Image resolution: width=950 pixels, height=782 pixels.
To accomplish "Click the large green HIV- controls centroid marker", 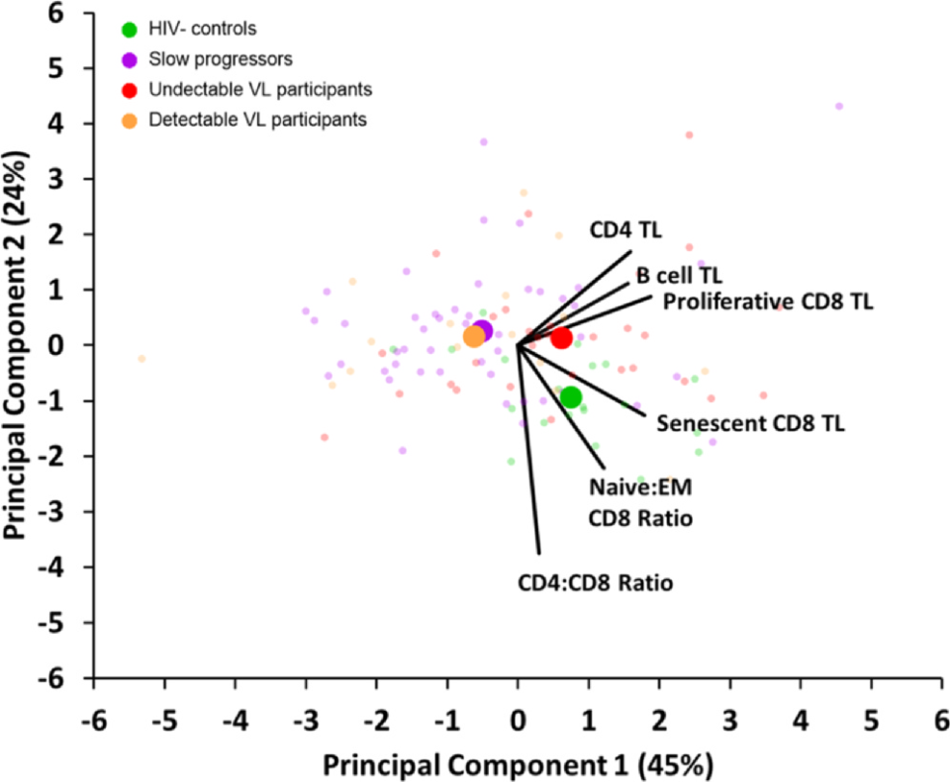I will pos(571,397).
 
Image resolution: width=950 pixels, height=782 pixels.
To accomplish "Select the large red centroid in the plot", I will pos(561,338).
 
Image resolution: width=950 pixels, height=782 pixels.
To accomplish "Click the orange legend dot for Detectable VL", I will pos(129,121).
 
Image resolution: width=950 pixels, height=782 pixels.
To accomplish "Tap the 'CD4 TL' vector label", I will pos(625,230).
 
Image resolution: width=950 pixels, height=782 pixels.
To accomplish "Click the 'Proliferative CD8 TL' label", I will pos(768,302).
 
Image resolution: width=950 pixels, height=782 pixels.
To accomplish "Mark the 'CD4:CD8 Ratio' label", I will pos(596,582).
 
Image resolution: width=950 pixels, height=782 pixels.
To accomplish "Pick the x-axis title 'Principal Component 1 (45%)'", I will pos(517,762).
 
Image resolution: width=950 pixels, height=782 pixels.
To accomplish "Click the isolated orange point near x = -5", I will pos(142,359).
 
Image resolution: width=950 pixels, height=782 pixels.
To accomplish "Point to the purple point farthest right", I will pos(839,106).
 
